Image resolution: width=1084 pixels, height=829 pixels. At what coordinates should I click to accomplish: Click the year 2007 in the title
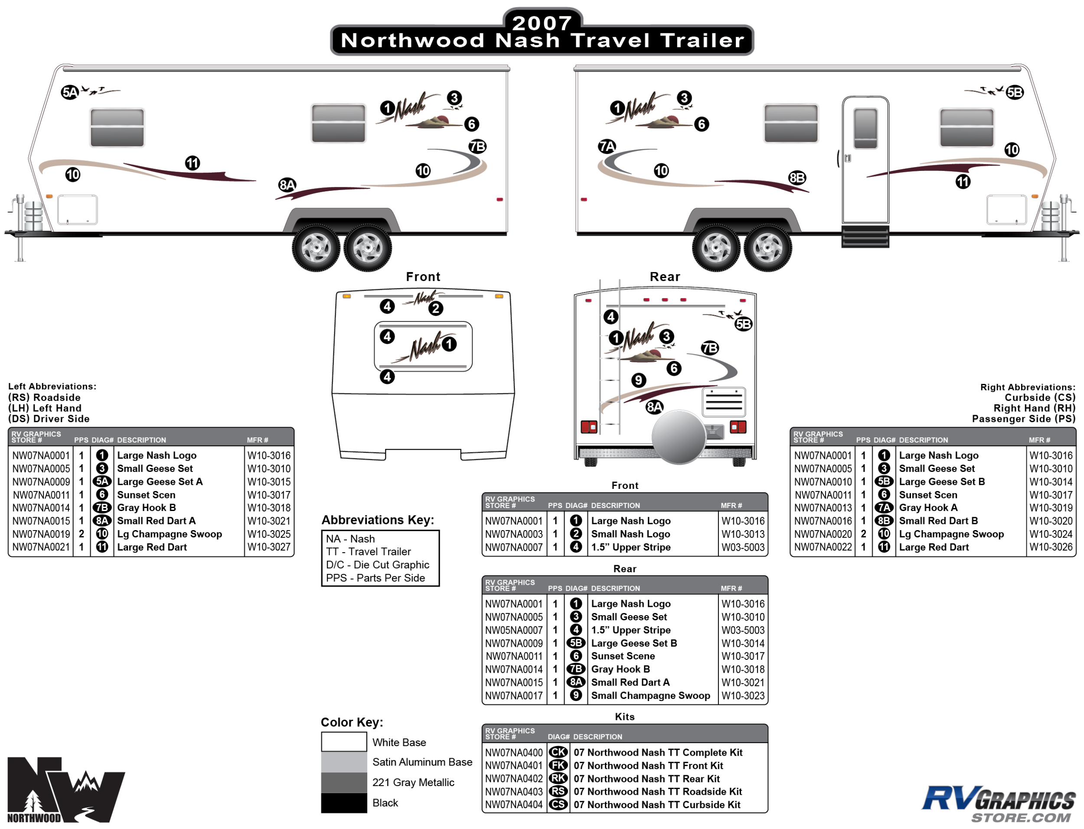tap(542, 22)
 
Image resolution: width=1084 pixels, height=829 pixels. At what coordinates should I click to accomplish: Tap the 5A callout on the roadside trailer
tap(69, 92)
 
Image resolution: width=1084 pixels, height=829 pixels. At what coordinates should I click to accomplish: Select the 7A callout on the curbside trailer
tap(607, 147)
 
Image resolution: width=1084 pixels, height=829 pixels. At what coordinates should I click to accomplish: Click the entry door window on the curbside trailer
tap(865, 128)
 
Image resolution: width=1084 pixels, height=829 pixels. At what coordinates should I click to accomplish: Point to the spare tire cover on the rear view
tap(679, 436)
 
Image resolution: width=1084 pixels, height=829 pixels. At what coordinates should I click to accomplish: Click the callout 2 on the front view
tap(435, 309)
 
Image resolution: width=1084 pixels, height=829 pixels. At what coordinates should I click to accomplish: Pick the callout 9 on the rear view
tap(638, 380)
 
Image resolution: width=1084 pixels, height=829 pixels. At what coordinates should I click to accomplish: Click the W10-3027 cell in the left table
tap(269, 547)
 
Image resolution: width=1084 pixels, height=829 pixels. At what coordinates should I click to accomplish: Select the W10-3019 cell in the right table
tap(1051, 508)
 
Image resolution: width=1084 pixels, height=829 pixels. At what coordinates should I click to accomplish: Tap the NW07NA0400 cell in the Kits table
tap(513, 753)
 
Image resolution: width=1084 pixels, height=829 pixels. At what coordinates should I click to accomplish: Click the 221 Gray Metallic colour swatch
tap(344, 783)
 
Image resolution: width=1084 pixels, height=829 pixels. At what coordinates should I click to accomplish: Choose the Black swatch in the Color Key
tap(344, 803)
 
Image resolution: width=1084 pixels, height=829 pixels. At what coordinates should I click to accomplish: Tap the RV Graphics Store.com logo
tap(999, 803)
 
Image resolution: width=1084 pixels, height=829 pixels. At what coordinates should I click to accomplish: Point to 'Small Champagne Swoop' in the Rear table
tap(650, 696)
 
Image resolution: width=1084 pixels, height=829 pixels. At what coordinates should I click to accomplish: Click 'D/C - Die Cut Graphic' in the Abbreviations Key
tap(377, 565)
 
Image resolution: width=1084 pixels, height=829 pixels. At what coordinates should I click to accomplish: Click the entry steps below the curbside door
tap(865, 237)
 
